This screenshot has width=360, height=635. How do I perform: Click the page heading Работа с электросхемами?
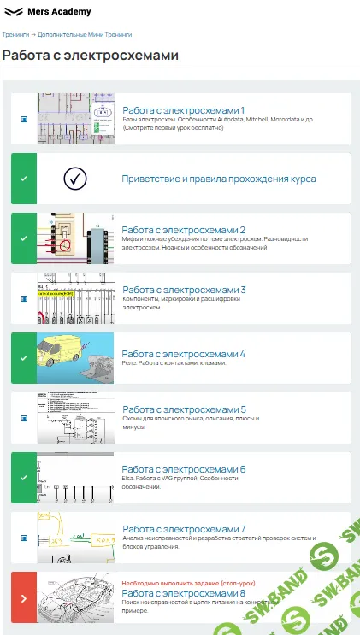pos(91,56)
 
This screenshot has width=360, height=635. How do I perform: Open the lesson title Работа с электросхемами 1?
pos(183,110)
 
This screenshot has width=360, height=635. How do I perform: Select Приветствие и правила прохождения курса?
pos(219,179)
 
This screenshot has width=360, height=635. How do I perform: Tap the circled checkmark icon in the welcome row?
pos(75,179)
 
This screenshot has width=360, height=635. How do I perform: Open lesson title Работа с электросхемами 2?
pos(183,230)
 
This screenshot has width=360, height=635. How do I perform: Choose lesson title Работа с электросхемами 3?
pos(183,290)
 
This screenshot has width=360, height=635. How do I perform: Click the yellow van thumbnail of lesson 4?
pos(75,358)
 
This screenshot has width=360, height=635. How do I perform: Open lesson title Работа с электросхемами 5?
pos(183,409)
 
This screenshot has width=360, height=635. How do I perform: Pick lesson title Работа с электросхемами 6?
pos(183,469)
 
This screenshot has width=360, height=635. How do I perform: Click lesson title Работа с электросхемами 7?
pos(183,529)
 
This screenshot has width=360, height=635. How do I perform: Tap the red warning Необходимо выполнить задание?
pos(188,583)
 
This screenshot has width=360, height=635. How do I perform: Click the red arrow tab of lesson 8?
pos(23,597)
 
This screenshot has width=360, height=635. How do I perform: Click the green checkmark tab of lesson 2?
pos(23,238)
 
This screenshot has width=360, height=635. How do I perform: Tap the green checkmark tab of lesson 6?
pos(23,478)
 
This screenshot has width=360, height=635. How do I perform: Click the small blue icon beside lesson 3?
pos(24,298)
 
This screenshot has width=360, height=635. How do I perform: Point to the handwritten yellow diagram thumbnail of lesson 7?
pos(75,538)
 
